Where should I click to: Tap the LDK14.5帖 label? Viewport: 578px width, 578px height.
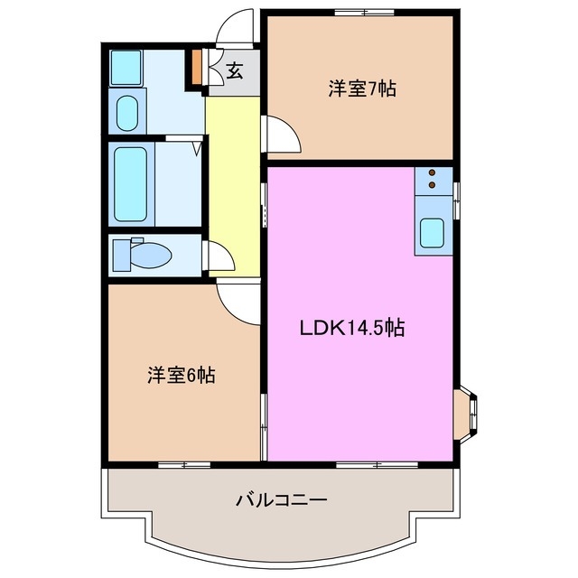351,329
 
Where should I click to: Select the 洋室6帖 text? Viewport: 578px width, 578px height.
181,375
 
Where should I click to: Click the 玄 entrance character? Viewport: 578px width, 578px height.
234,70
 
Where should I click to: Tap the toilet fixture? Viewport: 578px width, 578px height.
144,255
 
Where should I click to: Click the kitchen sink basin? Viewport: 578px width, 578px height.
432,234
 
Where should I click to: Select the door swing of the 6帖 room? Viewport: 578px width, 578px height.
238,301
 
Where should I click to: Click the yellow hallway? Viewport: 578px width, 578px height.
233,181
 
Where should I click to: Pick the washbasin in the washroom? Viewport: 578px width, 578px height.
127,111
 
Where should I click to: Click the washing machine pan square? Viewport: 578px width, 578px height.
126,66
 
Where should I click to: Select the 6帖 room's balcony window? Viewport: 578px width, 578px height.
184,464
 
